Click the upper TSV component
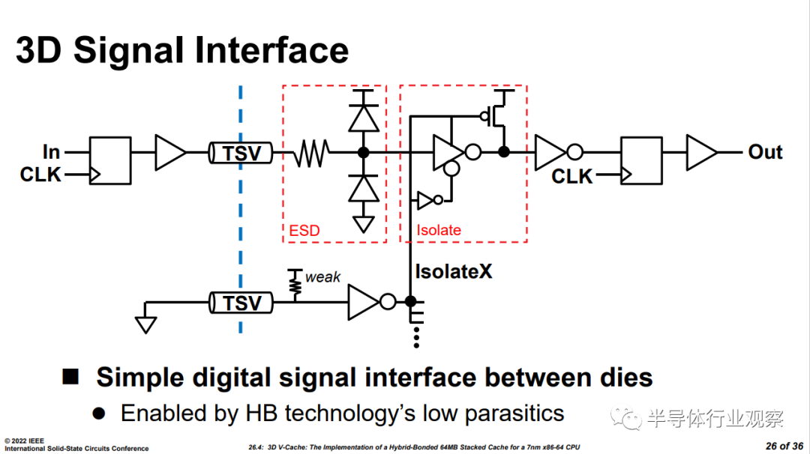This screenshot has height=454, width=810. [x=241, y=153]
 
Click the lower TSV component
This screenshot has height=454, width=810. [x=241, y=303]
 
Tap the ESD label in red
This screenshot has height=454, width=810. [x=304, y=231]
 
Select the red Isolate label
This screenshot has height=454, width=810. [x=439, y=230]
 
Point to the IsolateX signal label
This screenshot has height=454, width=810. [x=454, y=271]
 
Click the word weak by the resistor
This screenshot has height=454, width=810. [x=322, y=277]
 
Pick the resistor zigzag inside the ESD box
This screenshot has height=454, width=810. [x=311, y=153]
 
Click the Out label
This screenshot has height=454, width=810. [x=765, y=152]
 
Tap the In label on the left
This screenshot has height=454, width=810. [x=51, y=152]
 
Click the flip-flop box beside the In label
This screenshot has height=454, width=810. [x=110, y=160]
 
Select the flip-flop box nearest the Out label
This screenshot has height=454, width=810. [x=641, y=160]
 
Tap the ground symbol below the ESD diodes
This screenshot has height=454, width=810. [x=364, y=224]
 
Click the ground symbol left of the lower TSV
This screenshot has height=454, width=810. [x=145, y=324]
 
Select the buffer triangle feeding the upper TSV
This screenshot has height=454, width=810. [x=170, y=153]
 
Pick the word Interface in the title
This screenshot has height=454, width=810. [x=271, y=50]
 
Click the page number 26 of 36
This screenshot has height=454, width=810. [x=784, y=447]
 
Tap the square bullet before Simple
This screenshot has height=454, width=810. [x=70, y=377]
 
